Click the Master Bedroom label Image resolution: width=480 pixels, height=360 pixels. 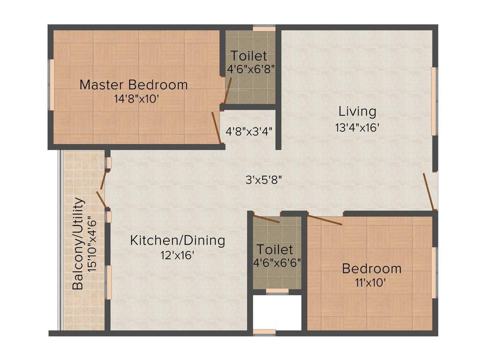click(x=134, y=85)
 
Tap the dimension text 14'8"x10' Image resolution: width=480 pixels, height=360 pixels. click(x=134, y=99)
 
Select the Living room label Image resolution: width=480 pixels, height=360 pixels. click(x=358, y=112)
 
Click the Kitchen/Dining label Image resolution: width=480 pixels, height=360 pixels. click(x=178, y=241)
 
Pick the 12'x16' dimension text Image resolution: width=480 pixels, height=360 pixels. click(x=176, y=255)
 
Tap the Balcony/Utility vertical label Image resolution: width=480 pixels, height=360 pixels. click(x=79, y=243)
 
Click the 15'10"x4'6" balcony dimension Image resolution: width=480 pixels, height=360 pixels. click(x=93, y=243)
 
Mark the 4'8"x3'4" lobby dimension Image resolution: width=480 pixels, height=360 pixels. click(x=249, y=131)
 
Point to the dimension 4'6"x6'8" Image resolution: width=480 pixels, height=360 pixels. click(x=250, y=69)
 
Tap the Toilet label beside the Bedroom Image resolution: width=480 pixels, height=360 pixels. click(x=275, y=249)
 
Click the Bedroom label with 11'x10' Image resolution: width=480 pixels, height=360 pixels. click(x=372, y=269)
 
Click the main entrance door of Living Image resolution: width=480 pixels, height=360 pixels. click(x=429, y=191)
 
